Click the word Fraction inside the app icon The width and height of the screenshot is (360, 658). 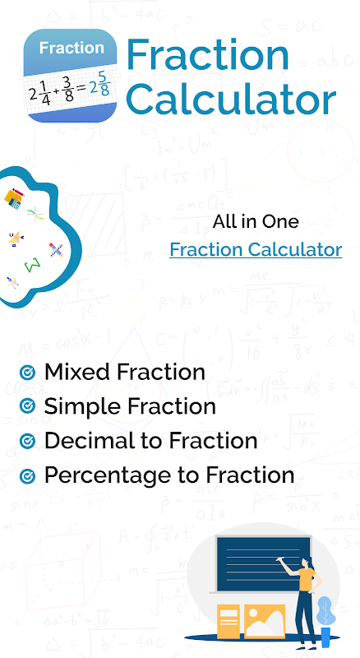pos(72,48)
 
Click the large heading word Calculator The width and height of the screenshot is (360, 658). pos(231,99)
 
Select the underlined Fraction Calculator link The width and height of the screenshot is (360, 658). pos(256,249)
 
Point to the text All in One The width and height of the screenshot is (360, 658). pos(256,221)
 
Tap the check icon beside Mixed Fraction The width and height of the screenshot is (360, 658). pos(28,373)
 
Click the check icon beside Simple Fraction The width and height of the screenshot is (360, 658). pos(28,406)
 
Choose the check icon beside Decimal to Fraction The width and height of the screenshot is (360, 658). pos(28,441)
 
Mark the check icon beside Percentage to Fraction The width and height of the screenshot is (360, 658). pos(28,476)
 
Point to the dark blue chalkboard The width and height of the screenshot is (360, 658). pos(264,563)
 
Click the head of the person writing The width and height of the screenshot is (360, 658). pos(308,563)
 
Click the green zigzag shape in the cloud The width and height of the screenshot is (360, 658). pos(33,265)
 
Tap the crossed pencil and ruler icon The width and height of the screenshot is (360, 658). pos(56,250)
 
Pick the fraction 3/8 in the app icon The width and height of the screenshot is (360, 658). pos(67,89)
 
